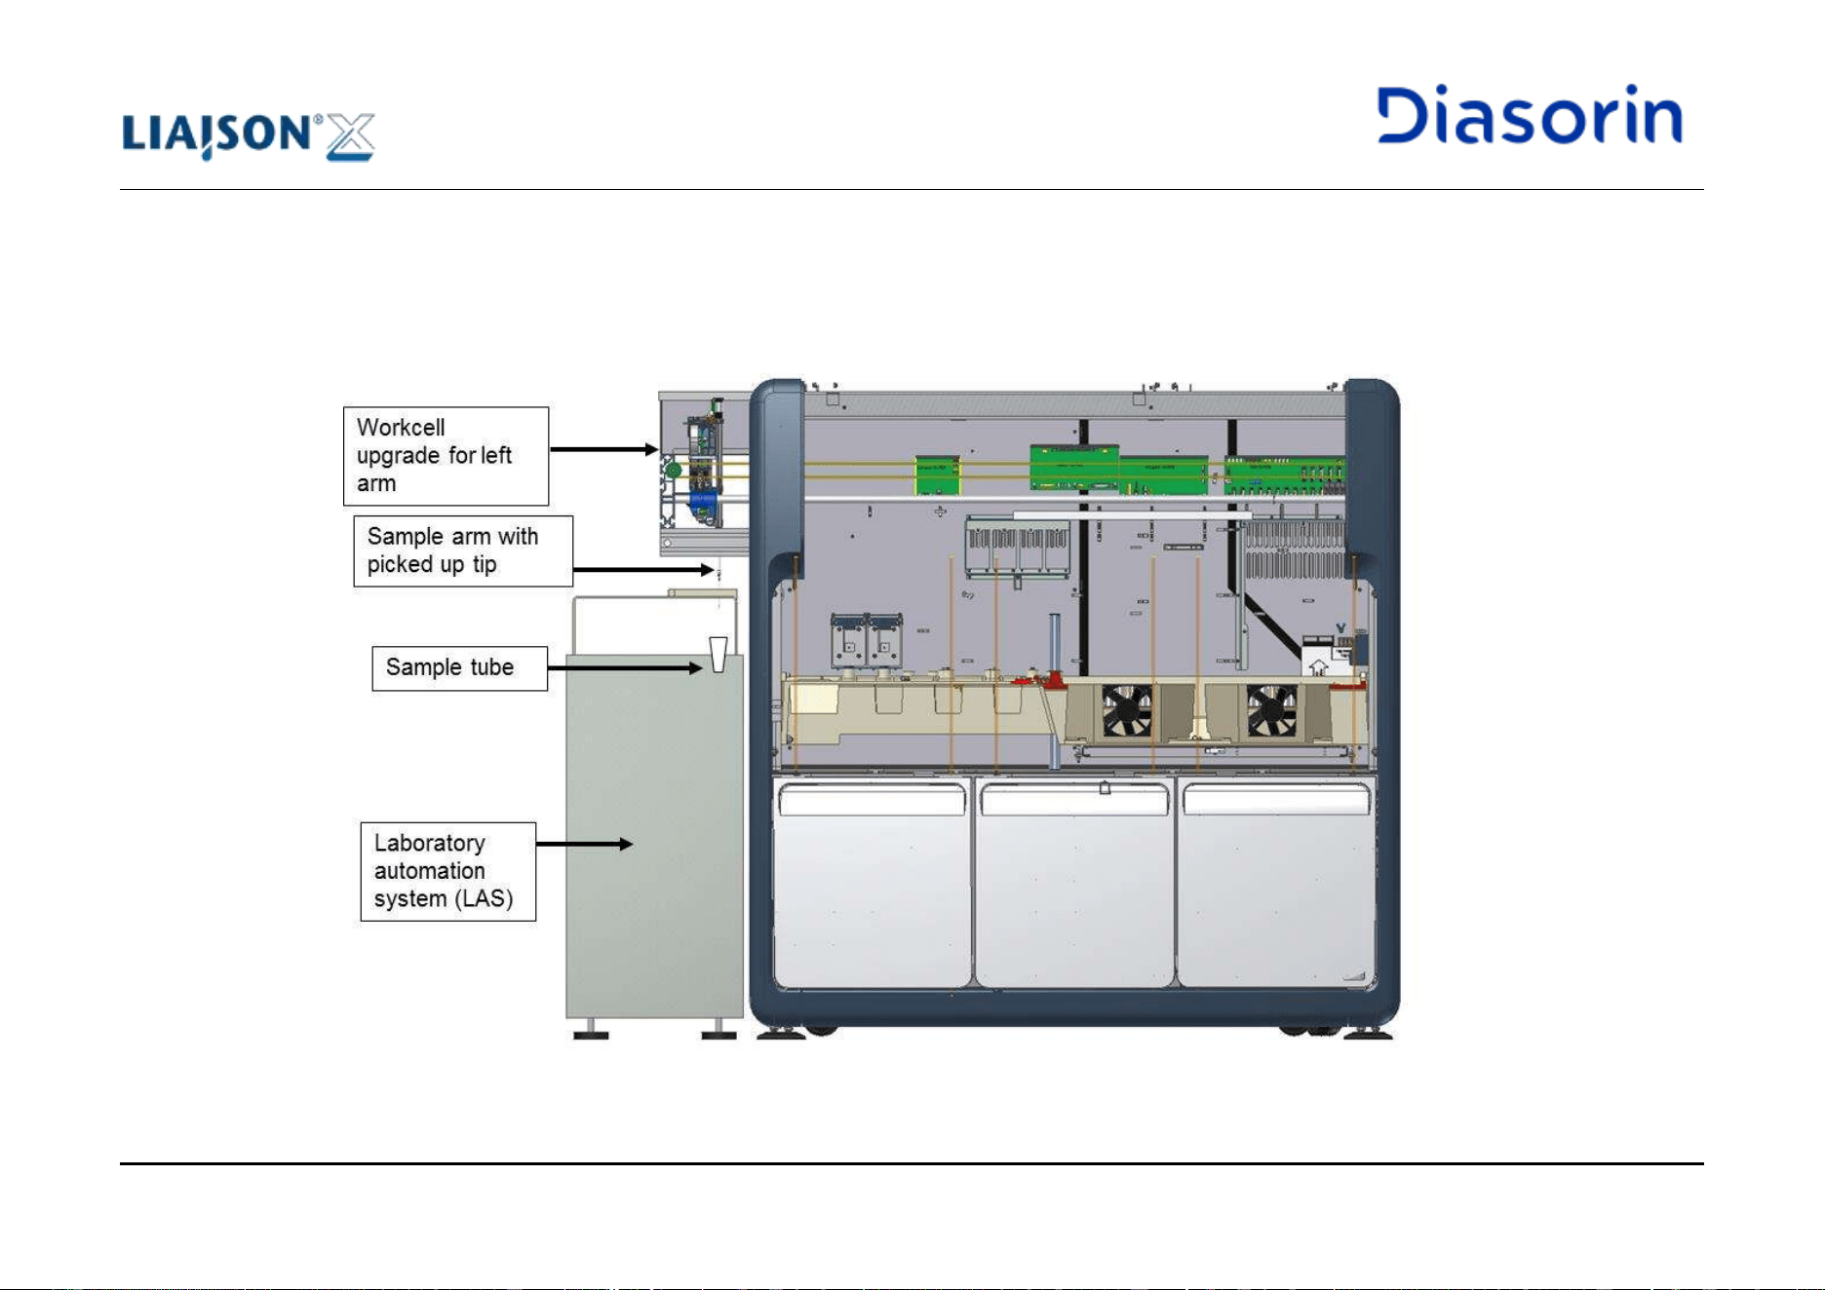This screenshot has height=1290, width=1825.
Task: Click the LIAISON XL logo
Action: point(249,135)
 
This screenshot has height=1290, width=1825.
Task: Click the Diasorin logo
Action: point(1530,115)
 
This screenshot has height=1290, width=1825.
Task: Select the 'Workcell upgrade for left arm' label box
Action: point(446,456)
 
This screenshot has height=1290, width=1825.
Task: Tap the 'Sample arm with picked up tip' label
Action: point(463,550)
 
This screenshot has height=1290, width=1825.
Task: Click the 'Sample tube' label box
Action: point(460,668)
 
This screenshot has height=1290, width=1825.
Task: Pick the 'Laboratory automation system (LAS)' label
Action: point(448,871)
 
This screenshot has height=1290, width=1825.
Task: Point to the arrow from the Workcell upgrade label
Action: point(604,449)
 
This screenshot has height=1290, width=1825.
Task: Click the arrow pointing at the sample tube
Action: point(625,667)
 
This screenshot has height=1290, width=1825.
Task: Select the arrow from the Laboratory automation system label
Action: point(585,844)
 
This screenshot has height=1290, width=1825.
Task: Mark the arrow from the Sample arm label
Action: point(644,569)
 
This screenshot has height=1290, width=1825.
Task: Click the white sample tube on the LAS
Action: point(718,655)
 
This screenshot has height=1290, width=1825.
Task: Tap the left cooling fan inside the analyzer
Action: point(1127,710)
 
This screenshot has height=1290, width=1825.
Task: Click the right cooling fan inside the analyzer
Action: point(1272,710)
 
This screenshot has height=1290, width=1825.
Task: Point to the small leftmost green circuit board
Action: point(937,475)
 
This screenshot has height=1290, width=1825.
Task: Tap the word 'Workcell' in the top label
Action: point(401,428)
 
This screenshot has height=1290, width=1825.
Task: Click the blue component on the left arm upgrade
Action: point(703,504)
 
